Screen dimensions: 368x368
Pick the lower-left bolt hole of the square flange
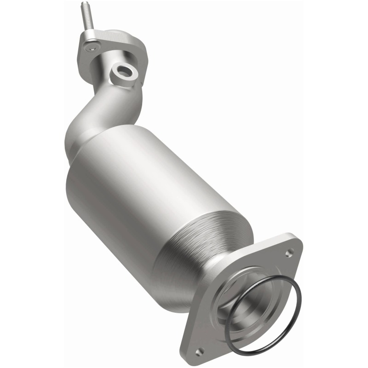point(200,351)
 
